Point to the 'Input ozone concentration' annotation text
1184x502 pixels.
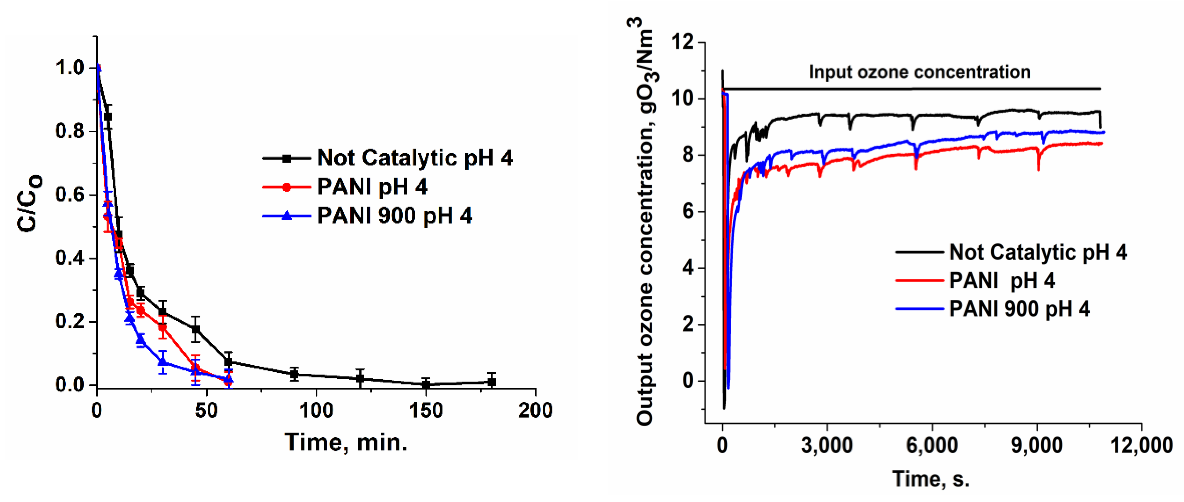pyautogui.click(x=919, y=72)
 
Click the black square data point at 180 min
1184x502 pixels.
pyautogui.click(x=492, y=382)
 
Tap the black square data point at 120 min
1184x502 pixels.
pyautogui.click(x=360, y=379)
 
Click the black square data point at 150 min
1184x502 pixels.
pyautogui.click(x=426, y=384)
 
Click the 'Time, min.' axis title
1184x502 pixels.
pyautogui.click(x=346, y=443)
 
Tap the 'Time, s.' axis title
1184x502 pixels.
pyautogui.click(x=931, y=479)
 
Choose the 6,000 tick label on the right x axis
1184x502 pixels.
pyautogui.click(x=932, y=445)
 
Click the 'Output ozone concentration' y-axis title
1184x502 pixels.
pyautogui.click(x=645, y=221)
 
